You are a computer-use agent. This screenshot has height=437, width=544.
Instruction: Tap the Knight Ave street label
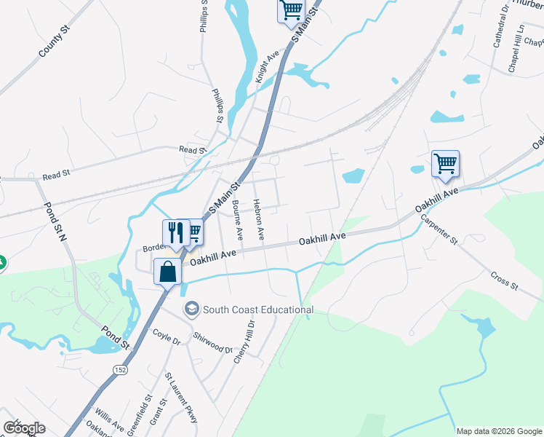click(x=267, y=66)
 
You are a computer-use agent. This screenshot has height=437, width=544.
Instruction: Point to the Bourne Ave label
click(x=238, y=220)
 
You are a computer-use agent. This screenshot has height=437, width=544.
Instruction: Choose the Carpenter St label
click(x=440, y=229)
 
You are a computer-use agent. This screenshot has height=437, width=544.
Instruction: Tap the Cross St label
click(x=503, y=281)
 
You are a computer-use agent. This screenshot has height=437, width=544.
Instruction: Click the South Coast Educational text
click(x=258, y=310)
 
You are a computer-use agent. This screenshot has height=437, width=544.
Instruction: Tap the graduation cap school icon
click(x=191, y=309)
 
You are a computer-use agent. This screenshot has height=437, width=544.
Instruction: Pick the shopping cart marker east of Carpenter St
click(x=445, y=164)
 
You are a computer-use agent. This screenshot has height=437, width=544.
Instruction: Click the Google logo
click(x=24, y=428)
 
